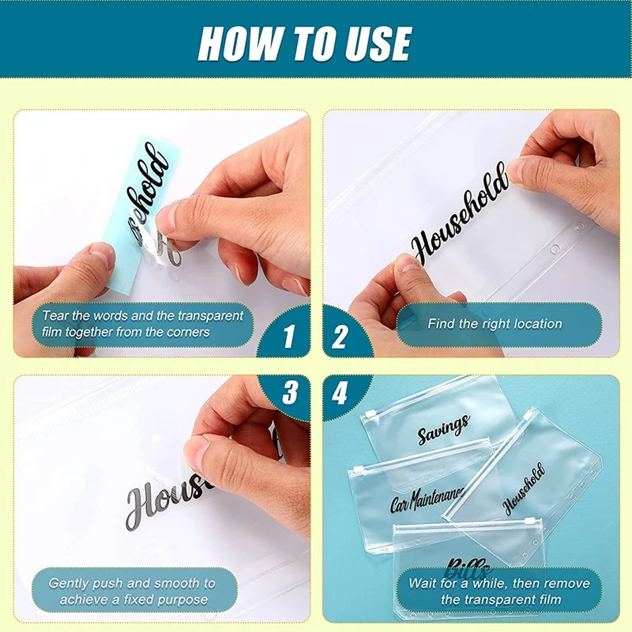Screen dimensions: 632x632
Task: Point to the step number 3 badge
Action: [x=289, y=392]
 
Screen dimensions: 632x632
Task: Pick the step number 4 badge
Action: [x=340, y=392]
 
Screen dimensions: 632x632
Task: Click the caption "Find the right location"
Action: [x=495, y=324]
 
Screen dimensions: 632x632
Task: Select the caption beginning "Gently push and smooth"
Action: [x=132, y=591]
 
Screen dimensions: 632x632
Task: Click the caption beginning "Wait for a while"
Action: [x=498, y=591]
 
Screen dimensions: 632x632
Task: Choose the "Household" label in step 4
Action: [x=524, y=489]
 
